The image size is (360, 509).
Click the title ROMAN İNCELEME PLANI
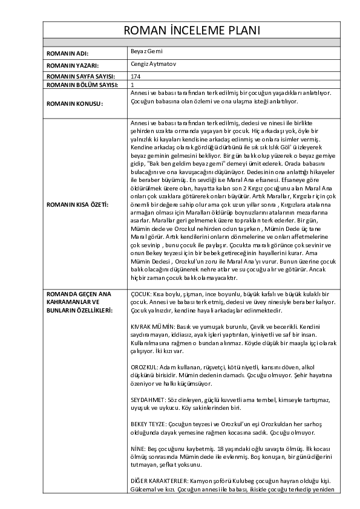point(192,31)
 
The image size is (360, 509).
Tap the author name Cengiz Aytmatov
point(152,63)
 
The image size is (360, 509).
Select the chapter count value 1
point(133,85)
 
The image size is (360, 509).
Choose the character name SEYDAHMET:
point(148,400)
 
